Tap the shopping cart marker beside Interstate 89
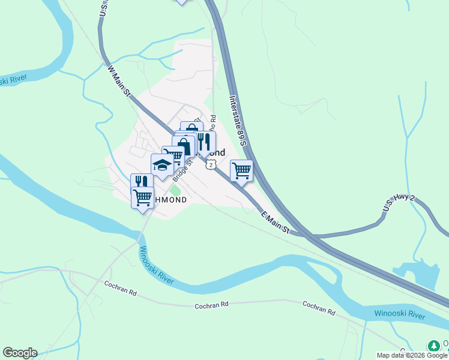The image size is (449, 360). pyautogui.click(x=241, y=170)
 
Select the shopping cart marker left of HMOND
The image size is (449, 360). pyautogui.click(x=143, y=197)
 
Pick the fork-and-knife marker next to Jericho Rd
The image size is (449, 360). pyautogui.click(x=204, y=142)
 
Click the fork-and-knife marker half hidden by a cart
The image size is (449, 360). pyautogui.click(x=141, y=181)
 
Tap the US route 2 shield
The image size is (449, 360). pyautogui.click(x=210, y=164)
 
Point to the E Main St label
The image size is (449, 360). pyautogui.click(x=274, y=221)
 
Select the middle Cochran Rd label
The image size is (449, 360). pyautogui.click(x=212, y=305)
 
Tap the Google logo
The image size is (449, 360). pyautogui.click(x=20, y=353)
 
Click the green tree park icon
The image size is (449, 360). pyautogui.click(x=433, y=346)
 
